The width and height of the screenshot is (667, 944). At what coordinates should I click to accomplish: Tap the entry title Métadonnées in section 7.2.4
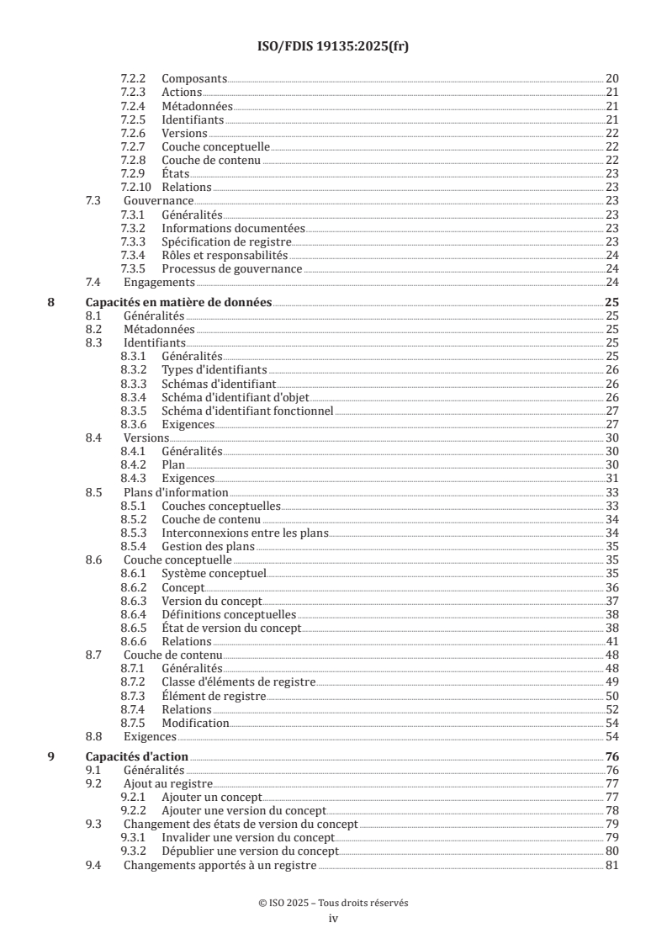(x=197, y=106)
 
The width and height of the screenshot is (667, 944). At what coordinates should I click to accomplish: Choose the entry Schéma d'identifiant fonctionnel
(x=247, y=411)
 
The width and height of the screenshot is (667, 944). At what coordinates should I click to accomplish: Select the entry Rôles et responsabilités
(x=225, y=255)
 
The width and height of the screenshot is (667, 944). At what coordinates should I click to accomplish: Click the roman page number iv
(x=333, y=919)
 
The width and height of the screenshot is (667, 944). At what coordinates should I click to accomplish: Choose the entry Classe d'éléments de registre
(x=239, y=681)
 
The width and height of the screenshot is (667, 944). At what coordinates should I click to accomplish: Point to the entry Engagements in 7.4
(x=159, y=282)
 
